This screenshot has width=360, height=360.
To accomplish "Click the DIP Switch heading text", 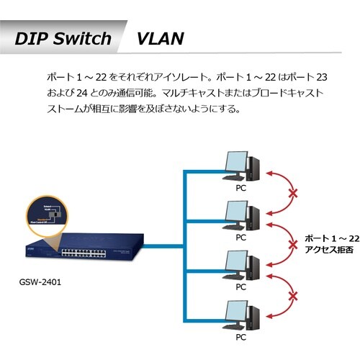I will click(63, 38).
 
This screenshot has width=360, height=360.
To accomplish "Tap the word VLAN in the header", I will click(160, 38).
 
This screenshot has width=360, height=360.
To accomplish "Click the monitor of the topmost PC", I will click(235, 164).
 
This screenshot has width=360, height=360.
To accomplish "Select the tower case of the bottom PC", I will click(253, 315).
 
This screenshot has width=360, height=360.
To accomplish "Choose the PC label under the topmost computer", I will click(240, 186).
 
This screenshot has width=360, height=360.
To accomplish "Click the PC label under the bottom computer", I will click(240, 335).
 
